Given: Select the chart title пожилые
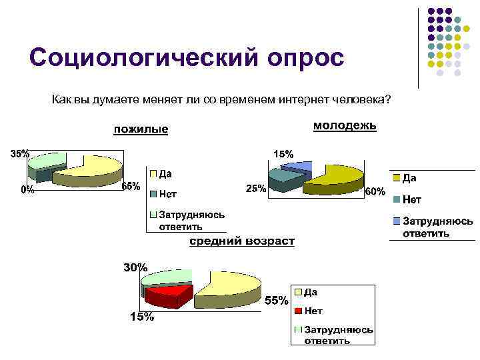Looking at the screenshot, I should click(x=140, y=129).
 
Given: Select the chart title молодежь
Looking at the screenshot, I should click(x=345, y=125).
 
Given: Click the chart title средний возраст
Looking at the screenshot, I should click(x=241, y=241).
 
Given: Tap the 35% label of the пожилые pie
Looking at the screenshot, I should click(x=19, y=153).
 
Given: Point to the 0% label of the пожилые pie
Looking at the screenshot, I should click(x=27, y=189).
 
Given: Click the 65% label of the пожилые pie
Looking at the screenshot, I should click(x=131, y=186).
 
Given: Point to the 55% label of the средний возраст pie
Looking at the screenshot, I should click(x=277, y=301).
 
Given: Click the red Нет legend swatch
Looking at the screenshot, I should click(x=299, y=311).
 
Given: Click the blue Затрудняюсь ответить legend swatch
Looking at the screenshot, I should click(x=397, y=221).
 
